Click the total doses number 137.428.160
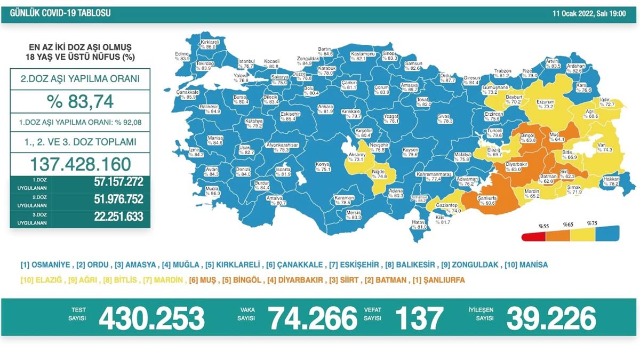(x=80, y=163)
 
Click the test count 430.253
(x=152, y=318)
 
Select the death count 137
(x=419, y=318)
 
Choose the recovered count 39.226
(x=551, y=318)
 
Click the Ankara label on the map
(x=325, y=109)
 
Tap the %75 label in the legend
(x=592, y=223)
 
